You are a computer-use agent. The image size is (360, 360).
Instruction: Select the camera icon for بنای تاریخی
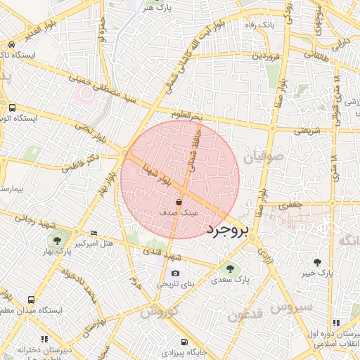coord(175,274)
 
